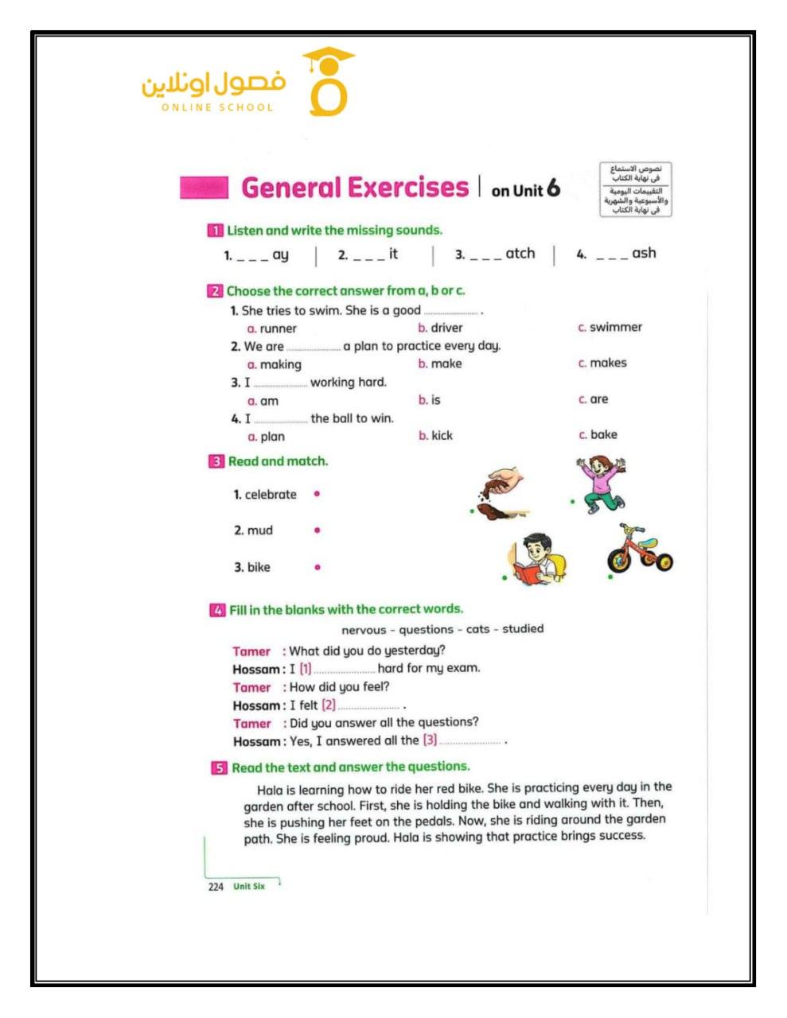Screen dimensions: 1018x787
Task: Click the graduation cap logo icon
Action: [x=328, y=81]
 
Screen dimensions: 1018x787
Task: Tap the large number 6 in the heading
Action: [x=553, y=188]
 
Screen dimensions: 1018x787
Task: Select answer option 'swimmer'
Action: [x=615, y=327]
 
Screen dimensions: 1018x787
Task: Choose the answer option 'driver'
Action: [x=446, y=328]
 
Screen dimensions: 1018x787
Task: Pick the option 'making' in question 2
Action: [x=280, y=364]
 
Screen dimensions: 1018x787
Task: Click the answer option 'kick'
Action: [x=442, y=436]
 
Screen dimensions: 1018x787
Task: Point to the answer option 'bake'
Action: [x=603, y=435]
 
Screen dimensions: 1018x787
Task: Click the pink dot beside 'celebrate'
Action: [x=317, y=494]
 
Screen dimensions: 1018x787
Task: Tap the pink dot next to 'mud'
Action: [x=317, y=530]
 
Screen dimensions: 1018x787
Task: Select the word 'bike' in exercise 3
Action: [x=259, y=567]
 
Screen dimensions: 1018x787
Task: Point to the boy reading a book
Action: [x=536, y=560]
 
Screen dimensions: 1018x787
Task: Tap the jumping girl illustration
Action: [x=602, y=484]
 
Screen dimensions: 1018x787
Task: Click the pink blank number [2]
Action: [x=329, y=705]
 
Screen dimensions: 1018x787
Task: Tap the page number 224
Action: [x=216, y=887]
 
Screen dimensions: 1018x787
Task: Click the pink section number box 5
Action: [x=219, y=768]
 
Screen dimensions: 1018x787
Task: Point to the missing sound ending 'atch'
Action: [x=520, y=254]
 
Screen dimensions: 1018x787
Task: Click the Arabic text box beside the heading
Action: [x=636, y=189]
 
